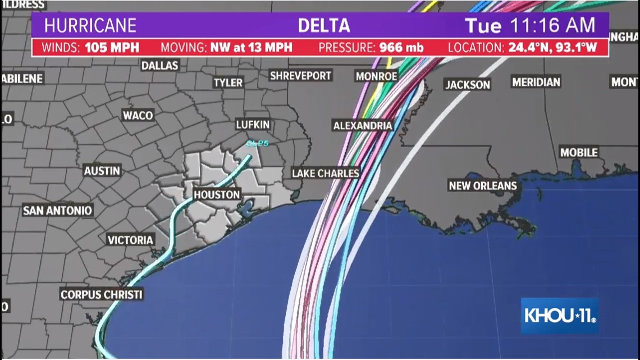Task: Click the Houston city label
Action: tap(217, 195)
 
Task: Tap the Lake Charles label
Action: tap(326, 174)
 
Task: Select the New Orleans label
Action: tap(482, 186)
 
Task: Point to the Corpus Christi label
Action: tap(102, 294)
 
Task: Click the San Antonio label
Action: tap(57, 211)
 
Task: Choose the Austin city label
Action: tap(102, 171)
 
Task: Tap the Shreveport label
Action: tap(301, 75)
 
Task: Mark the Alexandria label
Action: tap(363, 126)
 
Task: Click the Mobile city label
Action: tap(579, 152)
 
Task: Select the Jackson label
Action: tap(468, 85)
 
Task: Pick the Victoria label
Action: tap(130, 240)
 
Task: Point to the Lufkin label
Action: tap(253, 125)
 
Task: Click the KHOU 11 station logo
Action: tap(560, 316)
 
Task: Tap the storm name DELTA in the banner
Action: tap(324, 26)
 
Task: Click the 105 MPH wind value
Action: tap(112, 47)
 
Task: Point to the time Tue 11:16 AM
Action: tap(529, 26)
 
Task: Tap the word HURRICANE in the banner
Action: tap(90, 26)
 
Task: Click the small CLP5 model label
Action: tap(257, 144)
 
